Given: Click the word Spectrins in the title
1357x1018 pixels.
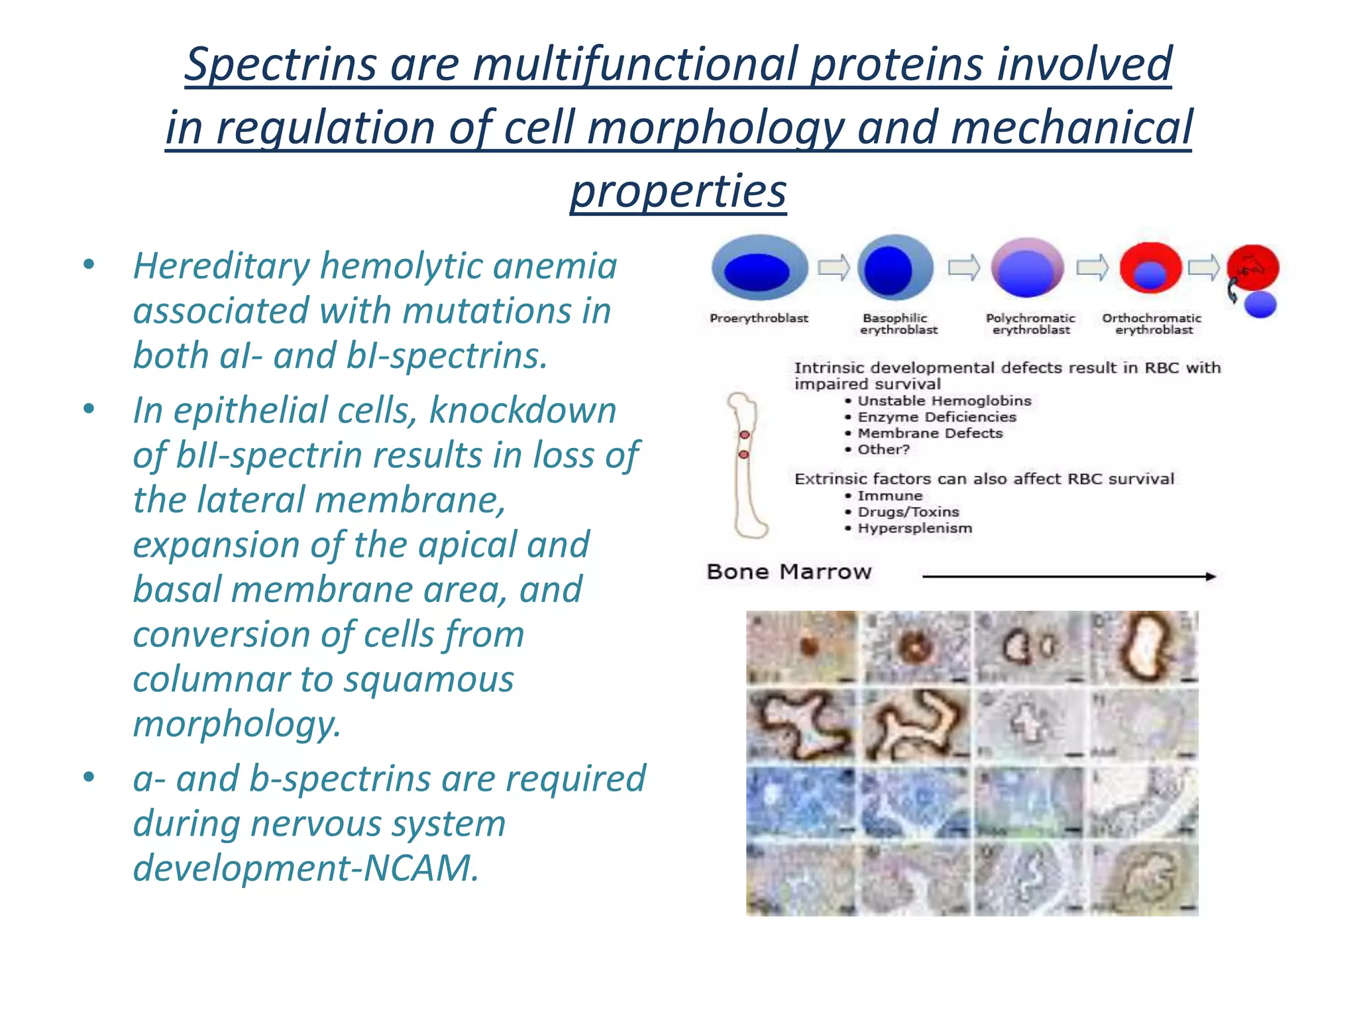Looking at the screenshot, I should click(x=281, y=64).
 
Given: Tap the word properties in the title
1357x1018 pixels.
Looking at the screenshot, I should click(x=678, y=191).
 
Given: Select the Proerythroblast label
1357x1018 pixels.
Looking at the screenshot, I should click(x=759, y=318).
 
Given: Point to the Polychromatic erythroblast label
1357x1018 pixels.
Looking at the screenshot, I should click(x=1030, y=323).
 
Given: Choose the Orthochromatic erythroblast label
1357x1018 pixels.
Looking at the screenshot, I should click(x=1152, y=323).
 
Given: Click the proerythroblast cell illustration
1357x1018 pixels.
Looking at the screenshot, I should click(x=759, y=268).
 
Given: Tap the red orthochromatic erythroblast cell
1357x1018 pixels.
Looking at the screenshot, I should click(x=1151, y=268).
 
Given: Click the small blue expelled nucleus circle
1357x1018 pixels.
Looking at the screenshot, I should click(x=1260, y=304).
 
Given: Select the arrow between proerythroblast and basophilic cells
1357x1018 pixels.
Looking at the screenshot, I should click(x=833, y=268).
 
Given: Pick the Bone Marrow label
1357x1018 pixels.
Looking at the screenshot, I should click(x=788, y=571).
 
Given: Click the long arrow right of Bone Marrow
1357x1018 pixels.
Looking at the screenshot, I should click(x=1068, y=577).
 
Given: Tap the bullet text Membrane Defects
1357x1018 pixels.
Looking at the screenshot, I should click(x=930, y=433).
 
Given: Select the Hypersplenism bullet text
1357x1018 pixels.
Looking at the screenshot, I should click(x=914, y=528).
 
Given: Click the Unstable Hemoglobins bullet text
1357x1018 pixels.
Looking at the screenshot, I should click(x=944, y=401).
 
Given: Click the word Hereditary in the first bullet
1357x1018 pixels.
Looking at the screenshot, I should click(x=221, y=266).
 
